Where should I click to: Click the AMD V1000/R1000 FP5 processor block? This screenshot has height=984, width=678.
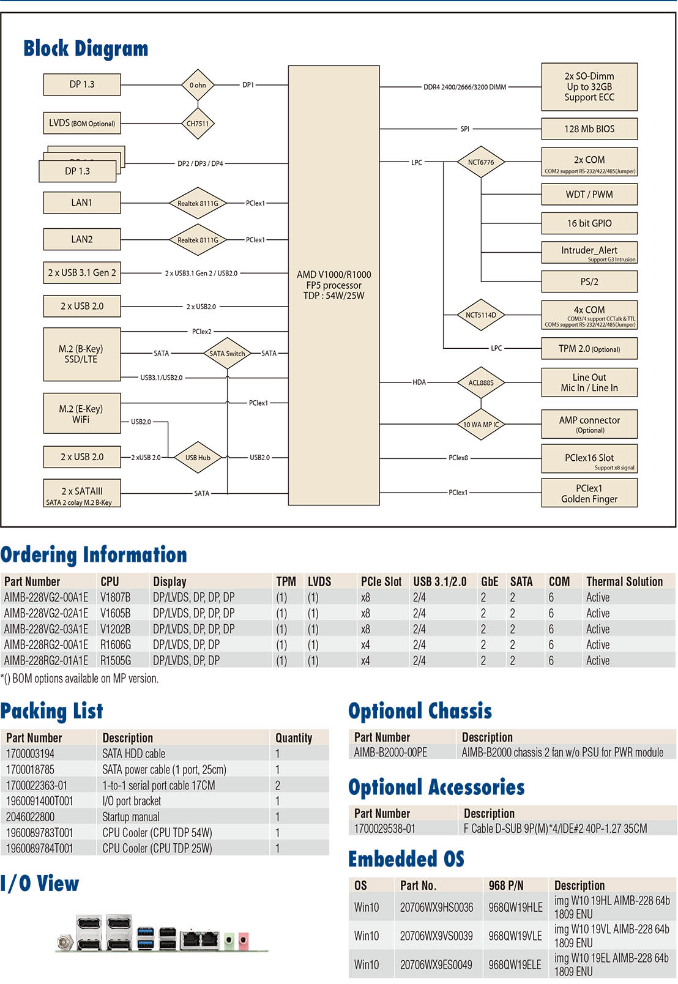click(333, 285)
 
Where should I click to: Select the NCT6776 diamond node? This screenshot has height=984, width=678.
click(481, 162)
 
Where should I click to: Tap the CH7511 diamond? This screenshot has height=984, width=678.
click(198, 124)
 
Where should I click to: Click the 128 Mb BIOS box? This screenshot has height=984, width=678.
click(589, 129)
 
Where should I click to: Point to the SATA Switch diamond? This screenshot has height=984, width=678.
click(227, 353)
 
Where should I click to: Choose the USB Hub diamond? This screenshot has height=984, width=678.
click(198, 457)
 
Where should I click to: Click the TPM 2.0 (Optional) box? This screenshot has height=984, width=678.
click(589, 349)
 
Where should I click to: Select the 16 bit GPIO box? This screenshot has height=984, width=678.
click(589, 223)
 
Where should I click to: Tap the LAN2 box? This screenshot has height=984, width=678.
click(82, 239)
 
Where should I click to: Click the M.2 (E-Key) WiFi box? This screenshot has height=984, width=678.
click(81, 414)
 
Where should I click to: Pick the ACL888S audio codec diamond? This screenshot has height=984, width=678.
click(481, 382)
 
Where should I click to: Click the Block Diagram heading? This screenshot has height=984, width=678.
click(86, 48)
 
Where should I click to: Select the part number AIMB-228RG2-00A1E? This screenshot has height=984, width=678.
click(46, 645)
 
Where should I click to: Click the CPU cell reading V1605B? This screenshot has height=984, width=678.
click(116, 613)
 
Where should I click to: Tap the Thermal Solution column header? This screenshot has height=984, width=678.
click(624, 581)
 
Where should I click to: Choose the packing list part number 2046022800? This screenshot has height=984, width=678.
click(31, 817)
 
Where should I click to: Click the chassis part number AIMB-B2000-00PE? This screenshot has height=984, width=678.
click(390, 753)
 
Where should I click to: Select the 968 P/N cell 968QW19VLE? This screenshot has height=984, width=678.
click(515, 936)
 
